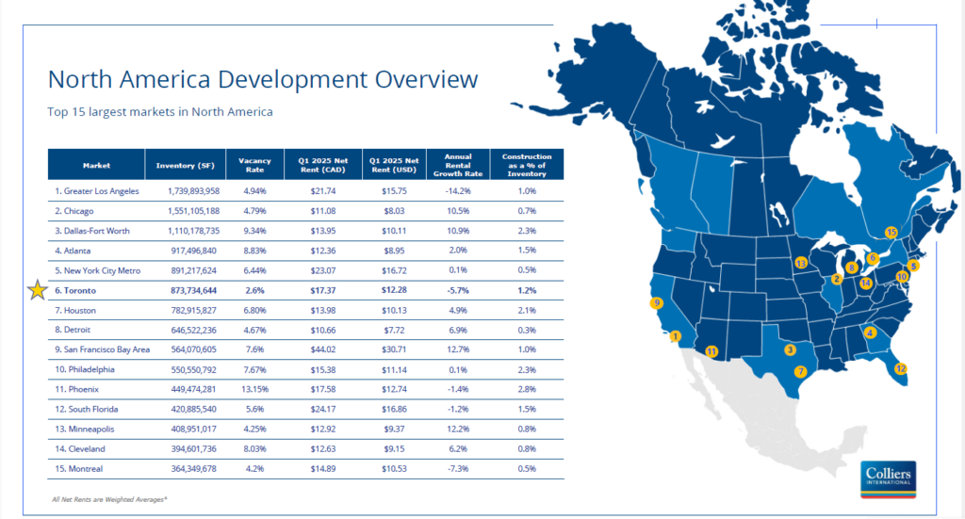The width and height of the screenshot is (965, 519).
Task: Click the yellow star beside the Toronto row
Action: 38,289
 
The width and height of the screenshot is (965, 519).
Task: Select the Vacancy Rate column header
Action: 254,165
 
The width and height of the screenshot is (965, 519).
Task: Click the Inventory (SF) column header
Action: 186,165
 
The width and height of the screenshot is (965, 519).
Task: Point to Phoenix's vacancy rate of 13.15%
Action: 255,389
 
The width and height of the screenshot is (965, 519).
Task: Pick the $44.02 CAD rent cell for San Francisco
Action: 323,349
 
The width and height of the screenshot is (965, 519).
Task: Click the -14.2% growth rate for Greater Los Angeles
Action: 458,191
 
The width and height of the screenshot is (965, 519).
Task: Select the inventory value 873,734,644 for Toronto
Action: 194,290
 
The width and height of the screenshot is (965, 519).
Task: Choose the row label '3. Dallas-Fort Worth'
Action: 92,231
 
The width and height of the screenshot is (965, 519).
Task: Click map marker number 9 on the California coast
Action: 657,302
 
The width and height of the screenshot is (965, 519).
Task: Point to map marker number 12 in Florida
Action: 900,368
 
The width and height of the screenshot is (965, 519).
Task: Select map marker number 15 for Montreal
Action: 891,232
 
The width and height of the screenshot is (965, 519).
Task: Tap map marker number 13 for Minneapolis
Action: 801,263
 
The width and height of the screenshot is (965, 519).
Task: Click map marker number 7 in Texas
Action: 800,371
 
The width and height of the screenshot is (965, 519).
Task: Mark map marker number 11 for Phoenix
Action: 711,351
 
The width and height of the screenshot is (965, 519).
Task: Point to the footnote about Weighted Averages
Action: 109,499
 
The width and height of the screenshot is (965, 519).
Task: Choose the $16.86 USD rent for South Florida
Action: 394,409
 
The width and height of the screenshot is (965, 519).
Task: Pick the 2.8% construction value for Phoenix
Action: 527,389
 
